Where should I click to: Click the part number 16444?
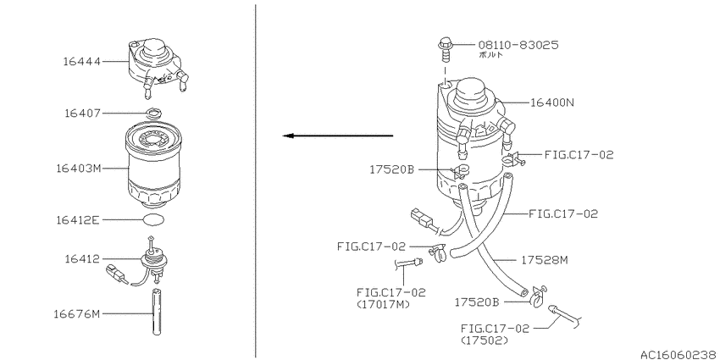pyautogui.click(x=81, y=62)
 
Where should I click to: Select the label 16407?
pyautogui.click(x=81, y=113)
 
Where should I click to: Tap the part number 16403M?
pyautogui.click(x=79, y=169)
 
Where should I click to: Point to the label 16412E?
pyautogui.click(x=78, y=220)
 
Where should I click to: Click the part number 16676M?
pyautogui.click(x=76, y=314)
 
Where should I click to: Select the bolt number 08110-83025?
pyautogui.click(x=518, y=45)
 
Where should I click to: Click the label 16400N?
pyautogui.click(x=552, y=102)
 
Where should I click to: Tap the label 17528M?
pyautogui.click(x=545, y=260)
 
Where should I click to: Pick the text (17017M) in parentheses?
pyautogui.click(x=383, y=304)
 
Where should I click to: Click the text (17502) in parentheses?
pyautogui.click(x=485, y=341)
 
